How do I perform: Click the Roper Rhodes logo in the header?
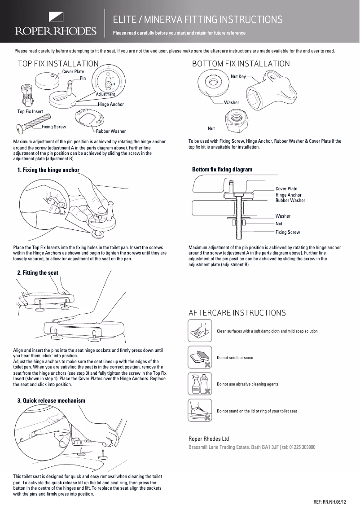point(57,25)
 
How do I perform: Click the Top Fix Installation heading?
point(57,64)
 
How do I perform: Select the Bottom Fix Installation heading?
point(241,64)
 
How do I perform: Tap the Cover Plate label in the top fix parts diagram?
point(73,72)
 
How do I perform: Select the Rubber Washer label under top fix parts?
point(111,132)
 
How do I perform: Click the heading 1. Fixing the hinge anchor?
point(48,170)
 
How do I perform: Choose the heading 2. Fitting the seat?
point(37,272)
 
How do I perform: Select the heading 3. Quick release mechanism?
point(51,400)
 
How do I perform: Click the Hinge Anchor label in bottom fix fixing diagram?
point(288,195)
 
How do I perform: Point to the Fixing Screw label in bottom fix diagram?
point(287,232)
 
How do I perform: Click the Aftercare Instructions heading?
point(237,312)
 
